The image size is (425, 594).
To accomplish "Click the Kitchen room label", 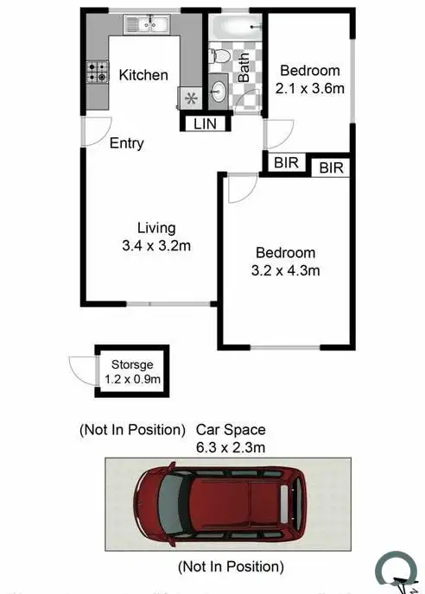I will pyautogui.click(x=143, y=75).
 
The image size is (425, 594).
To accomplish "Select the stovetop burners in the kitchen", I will pyautogui.click(x=97, y=72).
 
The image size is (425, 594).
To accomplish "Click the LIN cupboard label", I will pyautogui.click(x=206, y=123).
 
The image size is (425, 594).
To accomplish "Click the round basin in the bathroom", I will pyautogui.click(x=219, y=91).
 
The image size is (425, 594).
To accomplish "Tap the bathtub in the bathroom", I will pyautogui.click(x=235, y=26).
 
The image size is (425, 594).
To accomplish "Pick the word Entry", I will pyautogui.click(x=127, y=143).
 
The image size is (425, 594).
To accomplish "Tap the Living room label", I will pyautogui.click(x=156, y=228).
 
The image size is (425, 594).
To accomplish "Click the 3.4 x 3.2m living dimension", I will pyautogui.click(x=156, y=245).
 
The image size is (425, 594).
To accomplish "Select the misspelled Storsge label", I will pyautogui.click(x=132, y=364).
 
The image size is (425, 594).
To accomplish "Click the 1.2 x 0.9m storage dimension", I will pyautogui.click(x=132, y=378).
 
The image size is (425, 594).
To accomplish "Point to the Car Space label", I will pyautogui.click(x=231, y=429).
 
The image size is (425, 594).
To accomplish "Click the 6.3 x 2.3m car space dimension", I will pyautogui.click(x=231, y=446).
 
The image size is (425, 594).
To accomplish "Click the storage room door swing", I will pyautogui.click(x=83, y=372).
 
